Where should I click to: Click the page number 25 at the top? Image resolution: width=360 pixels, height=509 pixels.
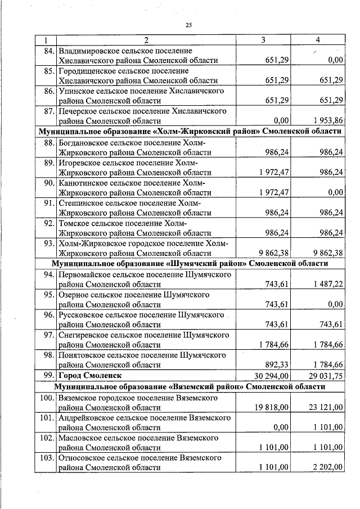coord(188,24)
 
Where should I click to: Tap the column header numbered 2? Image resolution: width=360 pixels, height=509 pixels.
coord(145,40)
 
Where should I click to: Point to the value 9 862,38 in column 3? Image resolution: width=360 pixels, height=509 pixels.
coord(271,253)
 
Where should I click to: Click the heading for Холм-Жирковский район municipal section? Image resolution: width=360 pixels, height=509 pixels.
coord(190,130)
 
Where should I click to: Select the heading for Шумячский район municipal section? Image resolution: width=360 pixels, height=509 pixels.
coord(190,263)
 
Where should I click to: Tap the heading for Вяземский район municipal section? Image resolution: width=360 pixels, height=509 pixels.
coord(190,387)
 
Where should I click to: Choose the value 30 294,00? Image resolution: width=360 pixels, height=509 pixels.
coord(271,375)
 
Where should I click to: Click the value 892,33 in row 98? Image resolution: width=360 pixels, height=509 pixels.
coord(276,364)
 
